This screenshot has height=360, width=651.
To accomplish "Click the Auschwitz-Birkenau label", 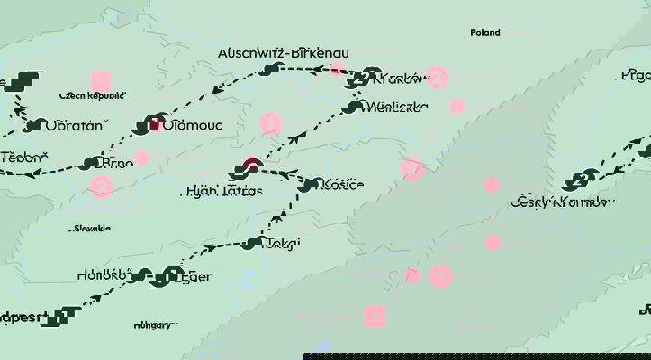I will point(284,53).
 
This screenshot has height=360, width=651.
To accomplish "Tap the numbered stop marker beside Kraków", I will point(373,77).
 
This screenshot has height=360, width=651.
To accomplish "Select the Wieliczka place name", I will point(397,107).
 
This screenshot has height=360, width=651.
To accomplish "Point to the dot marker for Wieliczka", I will point(354,107).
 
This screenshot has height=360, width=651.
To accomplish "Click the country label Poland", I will point(484,32).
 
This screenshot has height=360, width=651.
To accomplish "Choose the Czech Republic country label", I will point(92,95).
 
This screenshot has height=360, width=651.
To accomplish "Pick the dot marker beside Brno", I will point(88,164).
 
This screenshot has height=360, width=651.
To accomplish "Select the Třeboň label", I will point(23,157).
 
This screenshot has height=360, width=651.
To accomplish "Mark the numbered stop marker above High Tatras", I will point(250,166).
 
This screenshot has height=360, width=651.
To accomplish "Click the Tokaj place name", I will point(283,243).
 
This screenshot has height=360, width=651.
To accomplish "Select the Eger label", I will point(198,276).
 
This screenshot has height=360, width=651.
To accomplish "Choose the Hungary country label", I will point(153,324).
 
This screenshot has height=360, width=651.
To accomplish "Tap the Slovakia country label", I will point(93,229).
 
